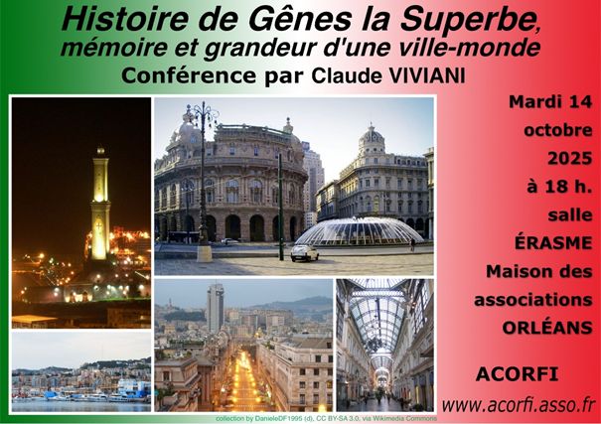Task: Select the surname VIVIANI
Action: [427, 75]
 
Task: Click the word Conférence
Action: [189, 75]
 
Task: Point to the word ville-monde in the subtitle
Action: [465, 48]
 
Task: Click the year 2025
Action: [569, 158]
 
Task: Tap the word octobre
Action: [557, 130]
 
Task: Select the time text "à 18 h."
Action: [559, 187]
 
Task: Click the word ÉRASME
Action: [553, 242]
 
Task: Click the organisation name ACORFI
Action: [517, 374]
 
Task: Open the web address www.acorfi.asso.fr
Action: [519, 405]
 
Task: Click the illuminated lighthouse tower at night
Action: [100, 205]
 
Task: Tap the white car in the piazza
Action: [304, 253]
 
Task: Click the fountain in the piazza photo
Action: [360, 231]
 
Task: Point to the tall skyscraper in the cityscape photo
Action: [215, 309]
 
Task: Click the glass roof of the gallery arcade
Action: [377, 314]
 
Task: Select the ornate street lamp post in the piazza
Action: [203, 180]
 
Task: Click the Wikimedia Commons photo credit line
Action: [326, 419]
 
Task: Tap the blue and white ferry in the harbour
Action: [132, 389]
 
